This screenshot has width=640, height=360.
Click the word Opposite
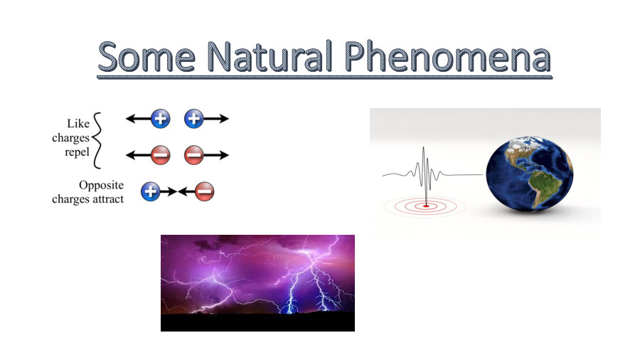101,185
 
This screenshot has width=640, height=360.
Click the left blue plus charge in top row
161,119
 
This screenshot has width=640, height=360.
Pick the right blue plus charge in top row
194,119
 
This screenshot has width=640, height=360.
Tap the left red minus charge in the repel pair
161,154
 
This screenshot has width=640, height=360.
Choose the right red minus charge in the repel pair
194,154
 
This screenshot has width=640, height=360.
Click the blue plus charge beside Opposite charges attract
150,191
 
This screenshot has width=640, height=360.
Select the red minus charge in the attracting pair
204,191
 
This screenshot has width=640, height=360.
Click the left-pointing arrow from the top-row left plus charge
138,119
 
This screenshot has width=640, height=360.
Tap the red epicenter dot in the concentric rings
426,206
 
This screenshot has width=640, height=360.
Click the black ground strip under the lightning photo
257,323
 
